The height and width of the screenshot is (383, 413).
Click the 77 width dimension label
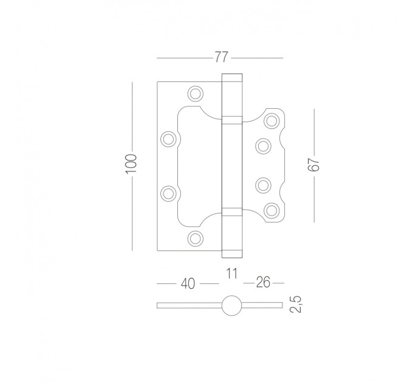click(221, 57)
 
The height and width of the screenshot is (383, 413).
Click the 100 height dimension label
click(131, 164)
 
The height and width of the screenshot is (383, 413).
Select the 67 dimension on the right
click(314, 165)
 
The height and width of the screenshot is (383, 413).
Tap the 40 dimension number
click(188, 284)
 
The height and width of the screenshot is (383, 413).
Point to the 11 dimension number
click(232, 274)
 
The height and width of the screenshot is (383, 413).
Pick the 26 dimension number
click(263, 282)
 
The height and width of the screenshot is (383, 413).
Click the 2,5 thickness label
click(296, 304)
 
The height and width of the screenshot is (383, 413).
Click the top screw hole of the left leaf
click(196, 93)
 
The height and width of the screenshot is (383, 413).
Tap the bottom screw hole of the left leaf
click(196, 238)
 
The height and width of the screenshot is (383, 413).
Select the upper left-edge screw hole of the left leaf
click(168, 139)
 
